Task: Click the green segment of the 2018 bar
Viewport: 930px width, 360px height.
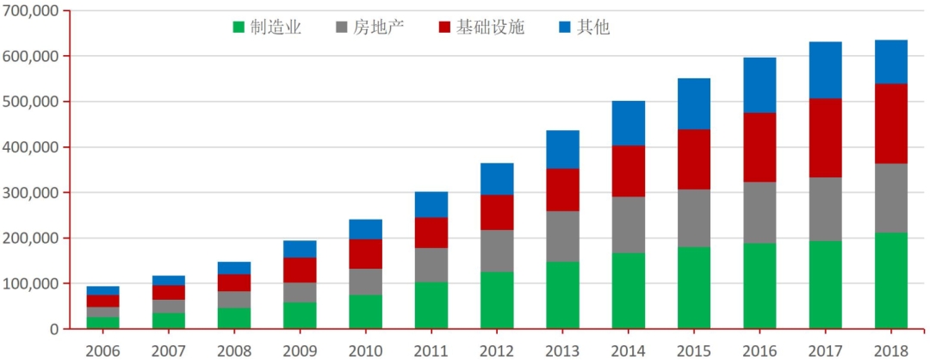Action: [890, 281]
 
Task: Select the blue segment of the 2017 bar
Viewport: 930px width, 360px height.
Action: [825, 70]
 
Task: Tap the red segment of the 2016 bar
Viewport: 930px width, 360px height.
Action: [759, 147]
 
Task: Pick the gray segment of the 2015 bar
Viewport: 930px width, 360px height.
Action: [694, 218]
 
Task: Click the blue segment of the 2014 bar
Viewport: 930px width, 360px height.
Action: [628, 123]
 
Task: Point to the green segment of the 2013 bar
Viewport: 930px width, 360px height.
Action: [562, 295]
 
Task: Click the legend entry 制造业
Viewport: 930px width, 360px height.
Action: [266, 27]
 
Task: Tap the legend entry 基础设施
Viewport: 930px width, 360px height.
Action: [481, 27]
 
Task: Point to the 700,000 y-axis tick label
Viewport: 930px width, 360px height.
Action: [30, 10]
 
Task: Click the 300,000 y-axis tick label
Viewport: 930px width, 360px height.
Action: [30, 192]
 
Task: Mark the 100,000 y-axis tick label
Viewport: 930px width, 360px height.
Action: [30, 283]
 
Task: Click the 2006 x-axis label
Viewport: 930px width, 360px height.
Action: [102, 351]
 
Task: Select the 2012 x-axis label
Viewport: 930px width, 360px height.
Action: [497, 351]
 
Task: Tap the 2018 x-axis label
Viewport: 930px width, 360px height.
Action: [890, 351]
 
